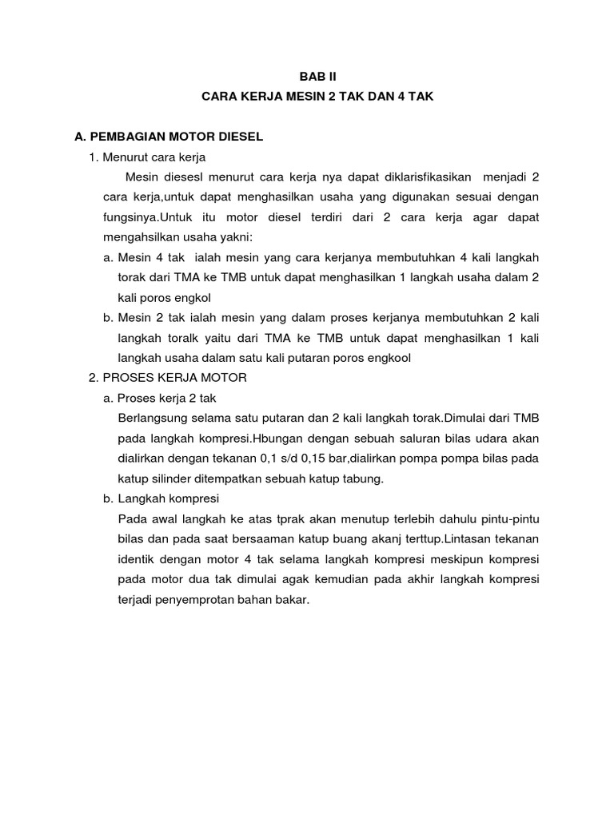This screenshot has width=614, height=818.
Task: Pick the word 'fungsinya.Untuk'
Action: [x=143, y=217]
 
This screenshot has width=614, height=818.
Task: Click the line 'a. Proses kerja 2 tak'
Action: [x=166, y=398]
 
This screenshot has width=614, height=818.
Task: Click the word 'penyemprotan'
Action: [x=192, y=598]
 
